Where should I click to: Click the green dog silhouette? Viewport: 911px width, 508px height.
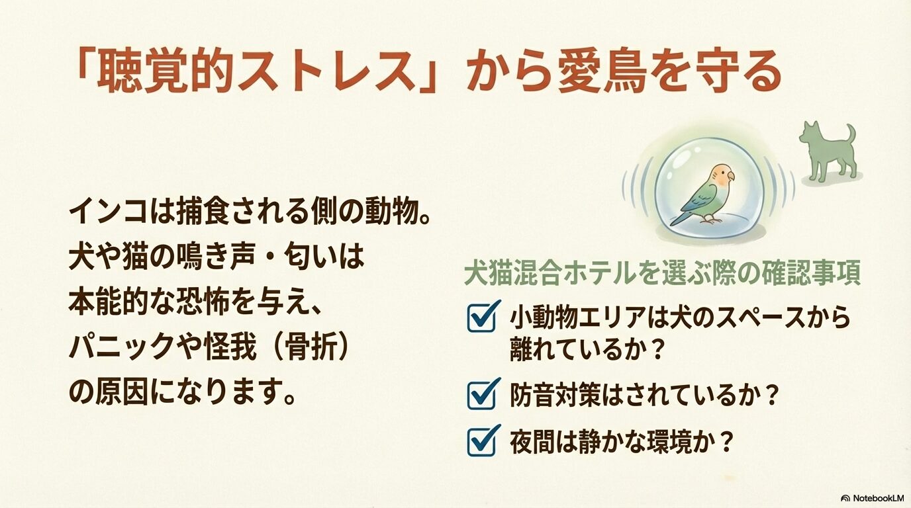[828, 152]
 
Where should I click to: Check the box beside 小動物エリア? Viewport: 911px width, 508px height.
[483, 317]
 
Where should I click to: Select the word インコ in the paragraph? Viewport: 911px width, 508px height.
[108, 211]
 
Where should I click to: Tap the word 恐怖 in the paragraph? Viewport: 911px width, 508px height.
[203, 303]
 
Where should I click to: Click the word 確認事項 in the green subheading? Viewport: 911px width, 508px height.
[812, 275]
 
